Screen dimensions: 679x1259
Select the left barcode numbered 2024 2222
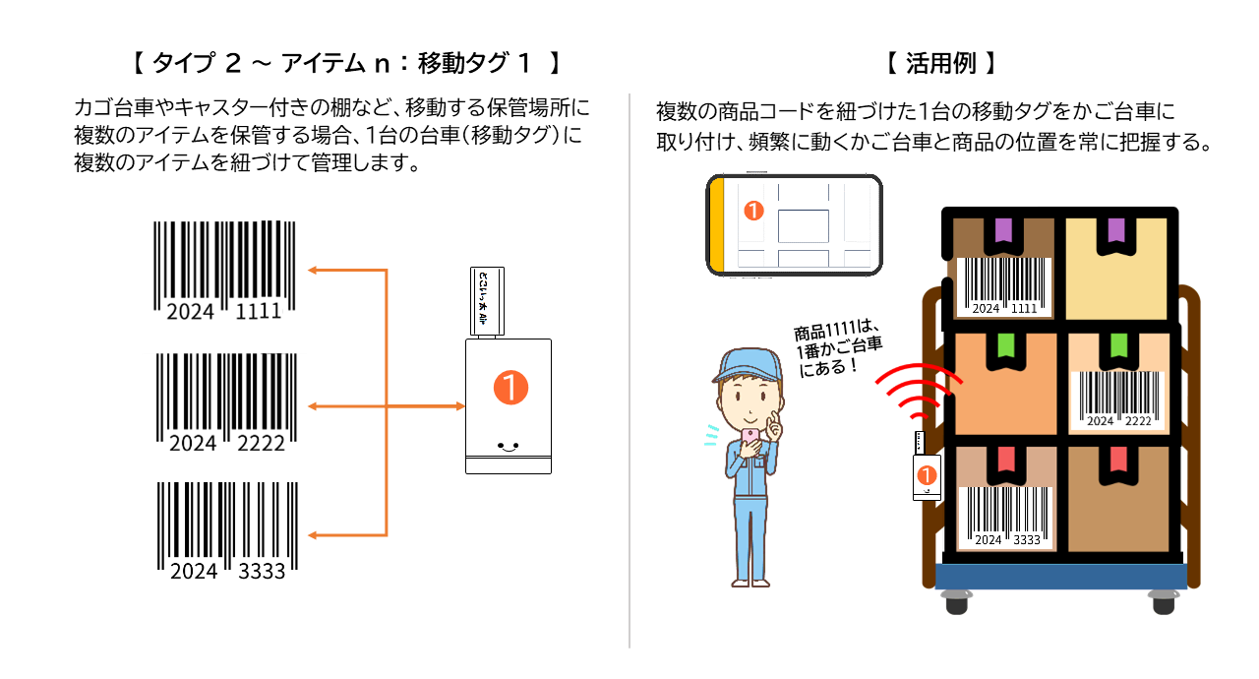[x=226, y=399]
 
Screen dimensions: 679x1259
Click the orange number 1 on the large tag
[x=510, y=388]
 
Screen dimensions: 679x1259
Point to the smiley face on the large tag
[x=508, y=445]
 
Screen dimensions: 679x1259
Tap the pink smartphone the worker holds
[x=750, y=437]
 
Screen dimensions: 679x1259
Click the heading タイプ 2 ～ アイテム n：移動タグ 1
[x=345, y=65]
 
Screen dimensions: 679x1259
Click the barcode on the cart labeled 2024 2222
[x=1118, y=400]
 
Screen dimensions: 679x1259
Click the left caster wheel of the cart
[x=956, y=600]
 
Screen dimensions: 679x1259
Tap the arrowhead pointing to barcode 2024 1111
[x=314, y=269]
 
